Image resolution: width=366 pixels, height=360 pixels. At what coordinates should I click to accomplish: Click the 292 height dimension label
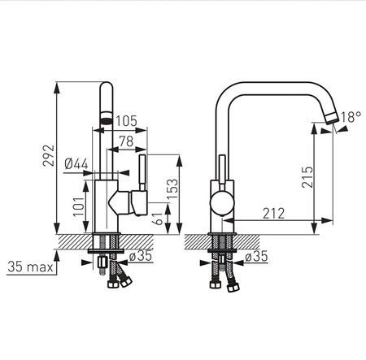click(x=49, y=155)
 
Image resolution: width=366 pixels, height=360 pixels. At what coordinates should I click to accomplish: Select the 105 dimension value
click(x=127, y=121)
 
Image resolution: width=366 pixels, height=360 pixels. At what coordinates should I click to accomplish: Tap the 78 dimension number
click(x=127, y=141)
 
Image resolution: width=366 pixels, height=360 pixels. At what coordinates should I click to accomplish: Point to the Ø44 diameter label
click(x=76, y=164)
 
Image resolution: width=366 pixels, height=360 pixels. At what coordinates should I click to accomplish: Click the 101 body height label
click(x=79, y=206)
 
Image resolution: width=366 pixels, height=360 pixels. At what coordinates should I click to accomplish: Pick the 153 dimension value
click(x=172, y=189)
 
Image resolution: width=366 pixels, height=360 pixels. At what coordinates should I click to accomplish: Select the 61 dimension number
click(x=159, y=219)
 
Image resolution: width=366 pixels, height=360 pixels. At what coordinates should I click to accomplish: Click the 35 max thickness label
click(x=30, y=267)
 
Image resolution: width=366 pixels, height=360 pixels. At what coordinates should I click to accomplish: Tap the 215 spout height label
click(x=307, y=177)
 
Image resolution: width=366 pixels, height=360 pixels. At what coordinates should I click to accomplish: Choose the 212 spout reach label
click(x=274, y=214)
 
